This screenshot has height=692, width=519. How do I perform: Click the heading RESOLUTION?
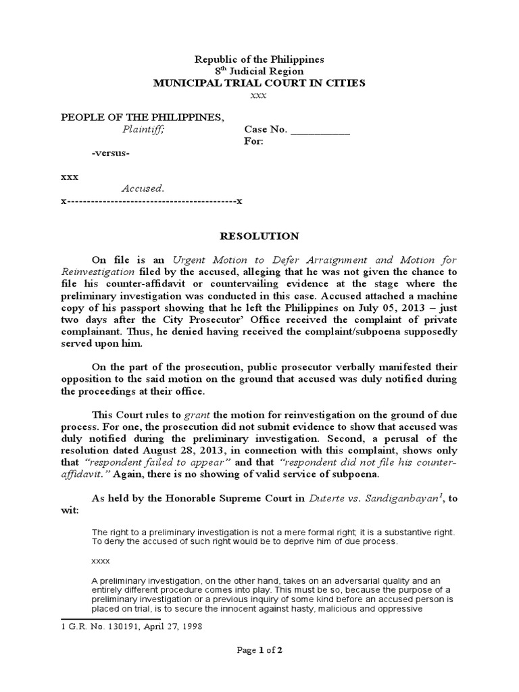[259, 237]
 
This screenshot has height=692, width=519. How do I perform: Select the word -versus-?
[110, 153]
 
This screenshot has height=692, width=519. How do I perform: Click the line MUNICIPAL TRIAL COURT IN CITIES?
[259, 83]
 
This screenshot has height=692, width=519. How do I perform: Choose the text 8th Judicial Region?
[259, 72]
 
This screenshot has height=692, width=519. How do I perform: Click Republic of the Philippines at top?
[259, 59]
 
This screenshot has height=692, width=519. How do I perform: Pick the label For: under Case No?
[253, 141]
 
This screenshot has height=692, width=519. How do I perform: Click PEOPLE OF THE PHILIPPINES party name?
[143, 118]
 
